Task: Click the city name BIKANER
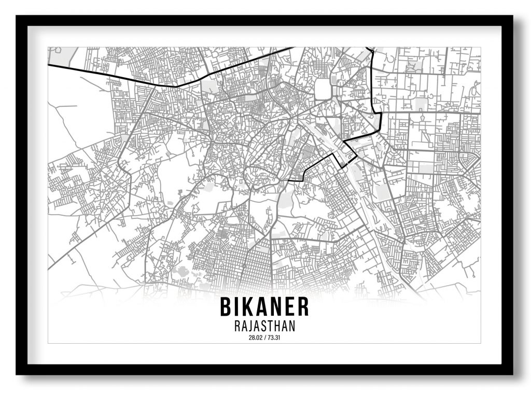(x=264, y=306)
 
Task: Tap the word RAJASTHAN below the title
(x=264, y=327)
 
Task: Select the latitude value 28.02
(x=255, y=338)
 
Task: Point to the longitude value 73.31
(x=274, y=338)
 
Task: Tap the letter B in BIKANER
(x=225, y=306)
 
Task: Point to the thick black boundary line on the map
(x=156, y=84)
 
